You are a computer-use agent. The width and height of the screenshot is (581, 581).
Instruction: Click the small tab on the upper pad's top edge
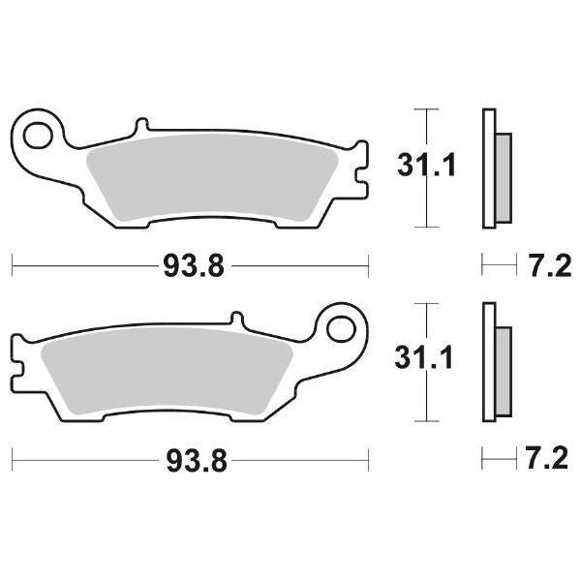(141, 127)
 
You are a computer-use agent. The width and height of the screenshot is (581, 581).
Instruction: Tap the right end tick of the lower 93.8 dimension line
(369, 457)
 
